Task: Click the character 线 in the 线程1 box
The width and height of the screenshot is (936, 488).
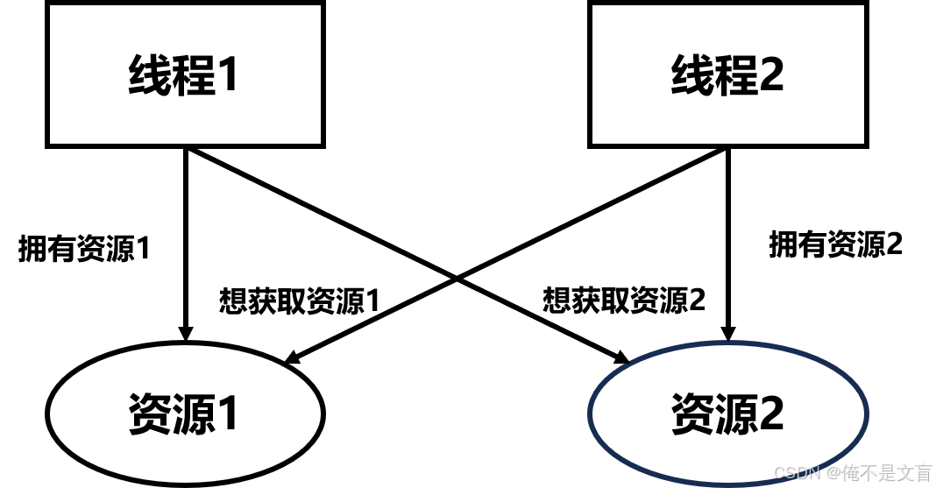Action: pyautogui.click(x=150, y=75)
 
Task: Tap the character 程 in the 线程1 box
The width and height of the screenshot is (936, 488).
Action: pyautogui.click(x=194, y=75)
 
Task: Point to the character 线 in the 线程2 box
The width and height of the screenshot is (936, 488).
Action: pyautogui.click(x=692, y=75)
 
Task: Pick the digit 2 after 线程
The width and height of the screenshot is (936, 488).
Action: pyautogui.click(x=771, y=75)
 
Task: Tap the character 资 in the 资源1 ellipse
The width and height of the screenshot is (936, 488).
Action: pyautogui.click(x=150, y=414)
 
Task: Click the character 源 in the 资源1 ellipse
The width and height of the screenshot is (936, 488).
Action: pyautogui.click(x=194, y=414)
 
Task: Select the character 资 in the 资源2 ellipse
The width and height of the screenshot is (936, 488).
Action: pyautogui.click(x=692, y=414)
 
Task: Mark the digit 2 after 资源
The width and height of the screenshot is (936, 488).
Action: pyautogui.click(x=771, y=414)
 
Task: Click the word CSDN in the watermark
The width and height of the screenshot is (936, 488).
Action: pyautogui.click(x=796, y=473)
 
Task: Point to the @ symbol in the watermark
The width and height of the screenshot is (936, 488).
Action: pyautogui.click(x=832, y=473)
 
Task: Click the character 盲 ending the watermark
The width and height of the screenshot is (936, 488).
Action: pyautogui.click(x=922, y=473)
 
